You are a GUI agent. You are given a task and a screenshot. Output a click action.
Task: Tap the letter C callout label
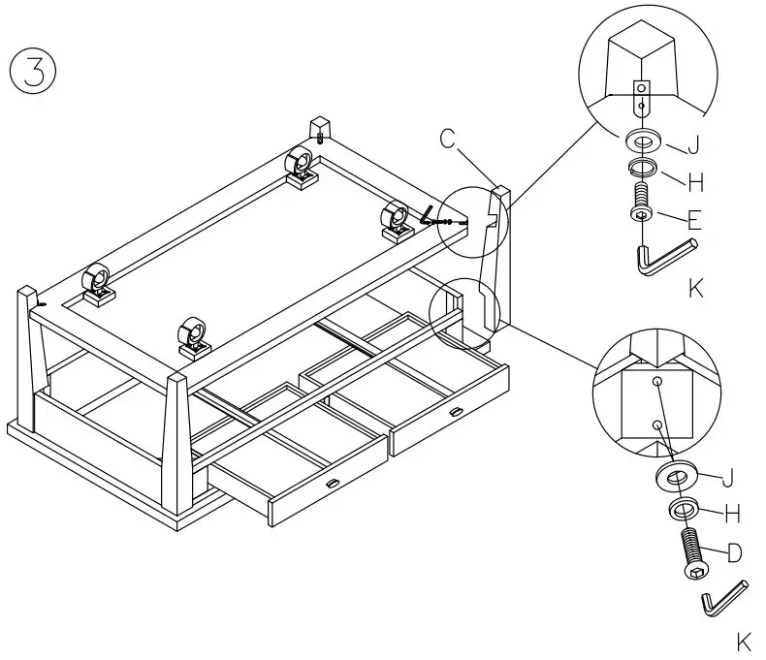pyautogui.click(x=447, y=139)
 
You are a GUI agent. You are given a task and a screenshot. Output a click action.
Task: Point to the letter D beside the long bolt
pyautogui.click(x=734, y=553)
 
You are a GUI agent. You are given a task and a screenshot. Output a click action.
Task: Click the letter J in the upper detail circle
pyautogui.click(x=692, y=146)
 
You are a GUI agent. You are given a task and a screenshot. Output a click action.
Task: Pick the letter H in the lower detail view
pyautogui.click(x=734, y=514)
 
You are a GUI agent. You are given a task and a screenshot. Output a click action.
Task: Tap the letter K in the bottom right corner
pyautogui.click(x=744, y=643)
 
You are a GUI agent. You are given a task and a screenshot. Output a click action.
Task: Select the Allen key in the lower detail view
pyautogui.click(x=723, y=598)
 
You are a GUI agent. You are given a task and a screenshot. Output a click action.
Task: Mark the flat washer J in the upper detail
pyautogui.click(x=641, y=139)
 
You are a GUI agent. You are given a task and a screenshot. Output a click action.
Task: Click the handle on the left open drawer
pyautogui.click(x=332, y=484)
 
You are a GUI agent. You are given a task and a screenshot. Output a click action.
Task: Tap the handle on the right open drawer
pyautogui.click(x=454, y=414)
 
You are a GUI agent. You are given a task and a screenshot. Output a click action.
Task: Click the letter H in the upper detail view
pyautogui.click(x=694, y=181)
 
